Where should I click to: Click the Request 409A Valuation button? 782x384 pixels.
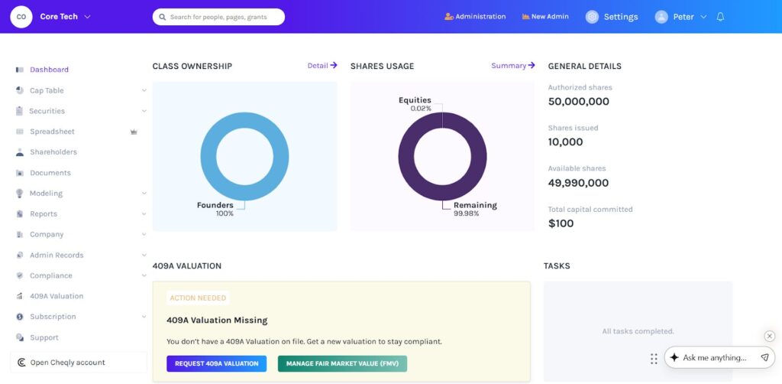[x=216, y=363]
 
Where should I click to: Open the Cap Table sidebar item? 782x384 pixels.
[x=47, y=90]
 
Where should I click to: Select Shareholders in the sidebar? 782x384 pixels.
[x=53, y=152]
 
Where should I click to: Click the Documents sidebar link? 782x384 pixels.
[x=50, y=173]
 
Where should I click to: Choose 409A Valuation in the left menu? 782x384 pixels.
[x=56, y=296]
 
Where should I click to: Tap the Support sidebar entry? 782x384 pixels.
[x=44, y=337]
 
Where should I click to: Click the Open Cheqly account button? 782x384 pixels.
[x=67, y=363]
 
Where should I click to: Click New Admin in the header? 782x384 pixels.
[x=545, y=17]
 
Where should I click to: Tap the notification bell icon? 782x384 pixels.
[x=720, y=17]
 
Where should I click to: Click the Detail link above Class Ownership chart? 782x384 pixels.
[x=322, y=66]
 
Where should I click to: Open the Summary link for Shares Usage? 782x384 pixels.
[x=512, y=66]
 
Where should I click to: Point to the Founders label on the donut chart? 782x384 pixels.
[x=215, y=205]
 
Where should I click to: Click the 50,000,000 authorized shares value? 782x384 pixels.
[x=578, y=102]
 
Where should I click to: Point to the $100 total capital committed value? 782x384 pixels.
[x=561, y=223]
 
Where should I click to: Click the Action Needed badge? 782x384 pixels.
[x=198, y=298]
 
